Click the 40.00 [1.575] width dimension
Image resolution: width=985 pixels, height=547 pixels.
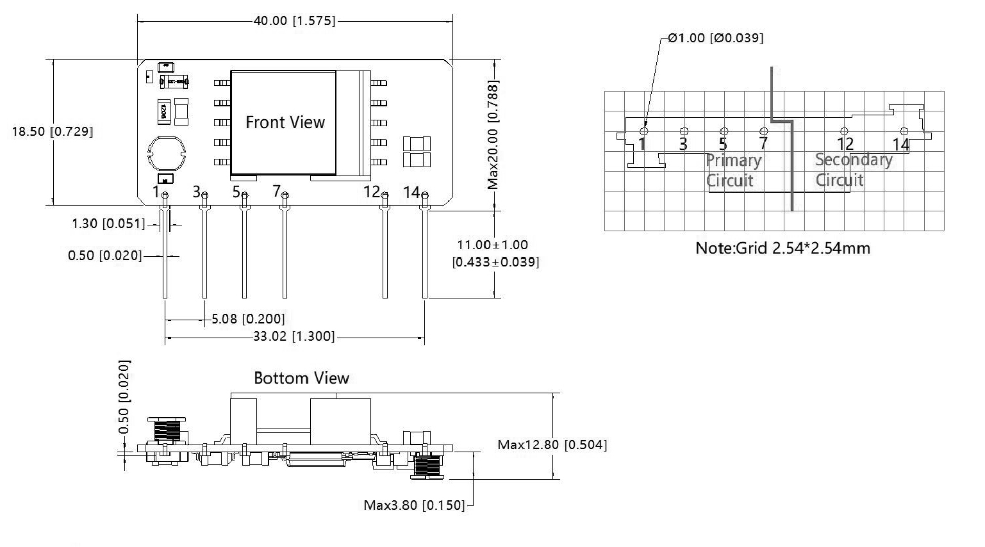[294, 21]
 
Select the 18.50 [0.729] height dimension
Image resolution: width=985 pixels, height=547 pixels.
[52, 131]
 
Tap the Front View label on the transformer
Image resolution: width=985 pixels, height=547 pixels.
[285, 122]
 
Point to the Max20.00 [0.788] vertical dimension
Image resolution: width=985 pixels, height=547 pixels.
[493, 135]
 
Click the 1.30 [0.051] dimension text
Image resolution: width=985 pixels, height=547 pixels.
[106, 224]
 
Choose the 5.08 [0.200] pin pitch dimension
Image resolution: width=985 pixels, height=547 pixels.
[248, 318]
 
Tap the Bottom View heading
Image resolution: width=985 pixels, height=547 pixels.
[301, 378]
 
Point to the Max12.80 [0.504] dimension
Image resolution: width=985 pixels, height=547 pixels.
[552, 445]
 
